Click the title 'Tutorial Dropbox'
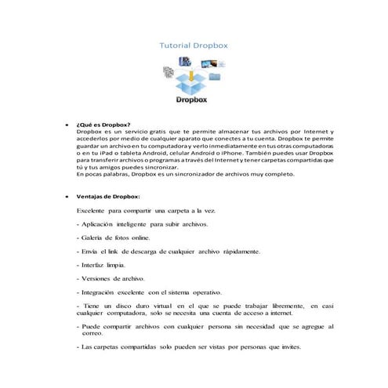pos(194,45)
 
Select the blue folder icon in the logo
pos(215,77)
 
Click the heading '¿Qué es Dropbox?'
pos(103,125)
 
